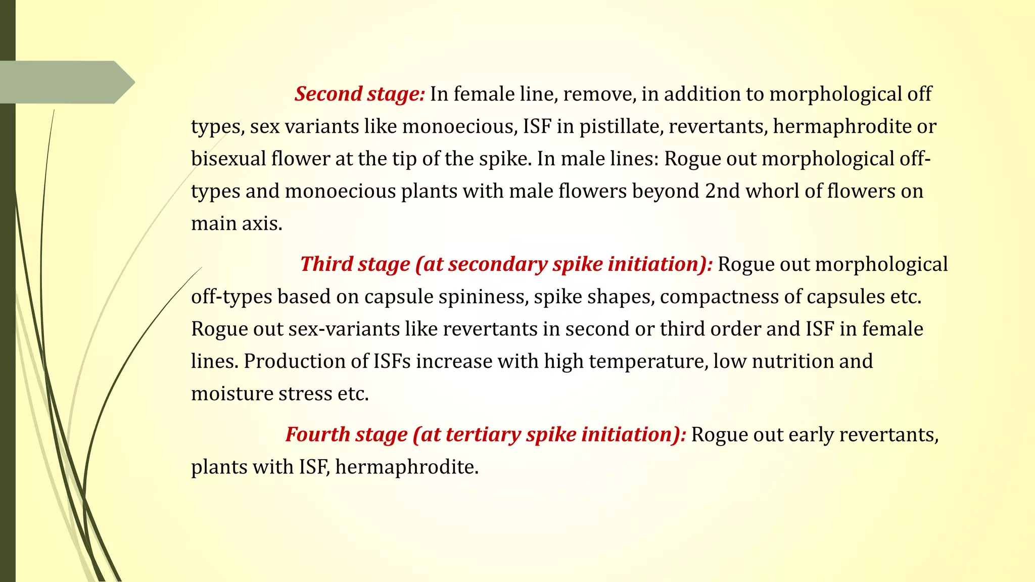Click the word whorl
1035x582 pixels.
(772, 191)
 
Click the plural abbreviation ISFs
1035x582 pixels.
(392, 361)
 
